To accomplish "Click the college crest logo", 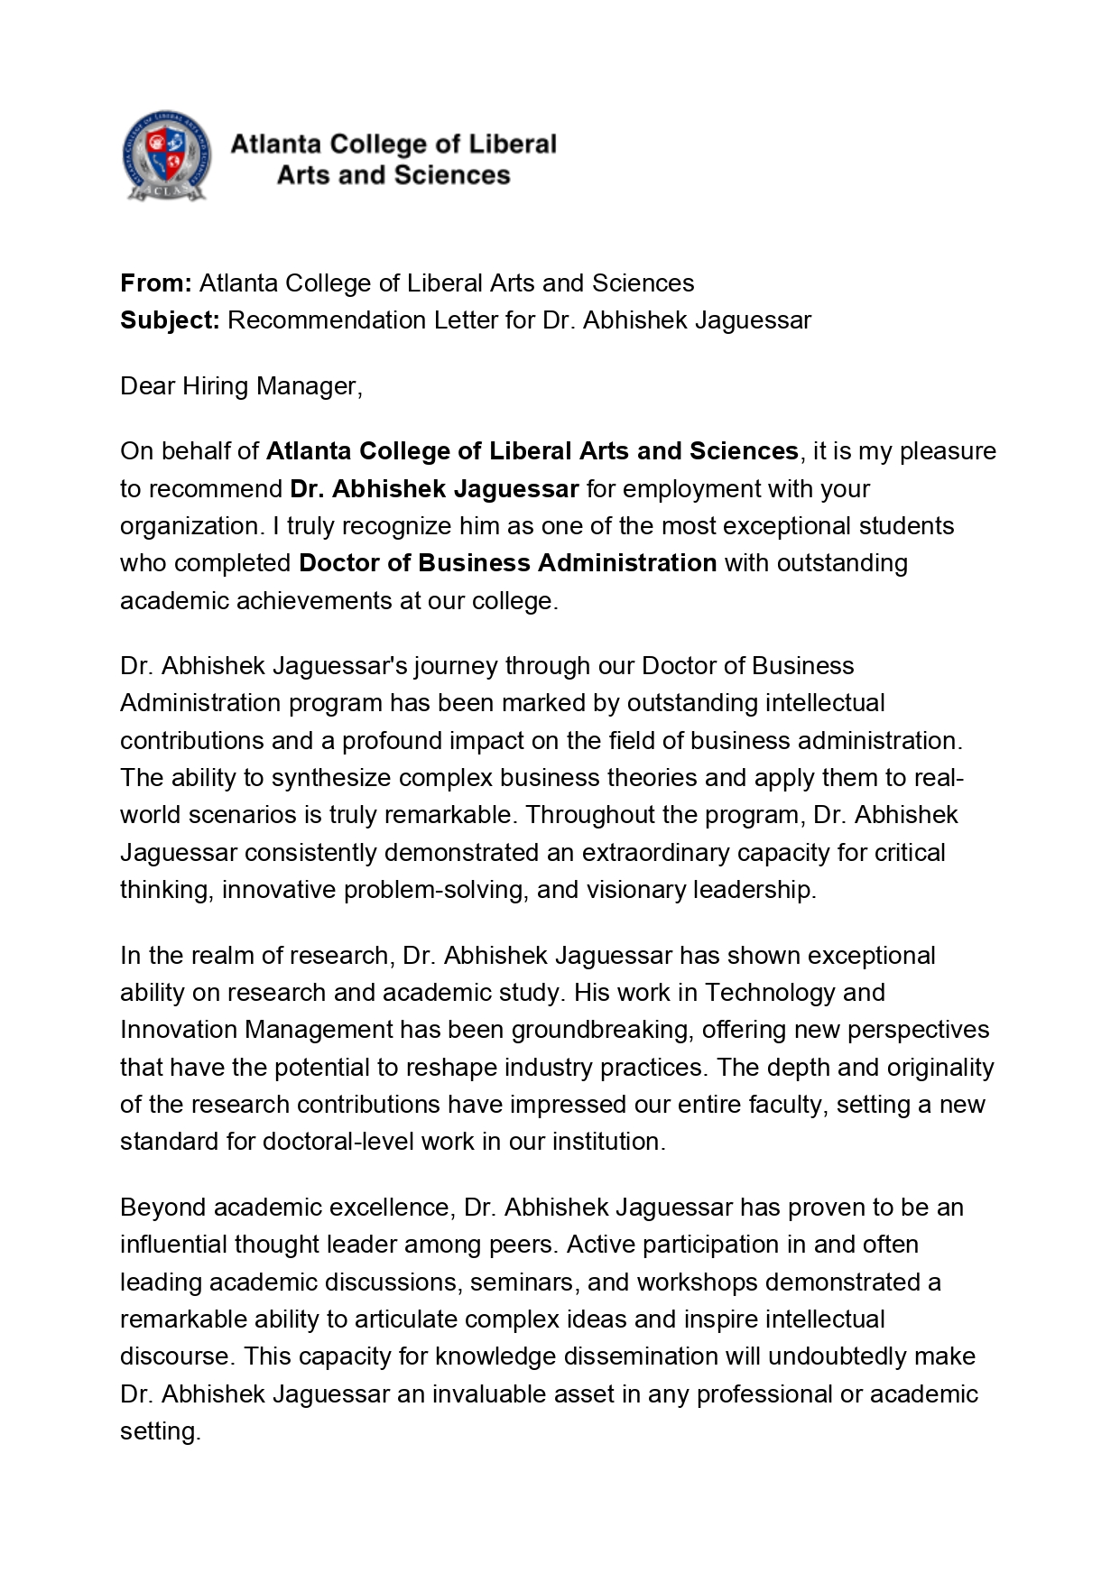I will pos(167,156).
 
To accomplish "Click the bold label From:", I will pos(155,283).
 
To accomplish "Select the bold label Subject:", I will pos(170,320).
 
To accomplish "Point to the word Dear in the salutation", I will pos(148,386).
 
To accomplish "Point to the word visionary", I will pos(636,890).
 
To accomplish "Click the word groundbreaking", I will pos(600,1030).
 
